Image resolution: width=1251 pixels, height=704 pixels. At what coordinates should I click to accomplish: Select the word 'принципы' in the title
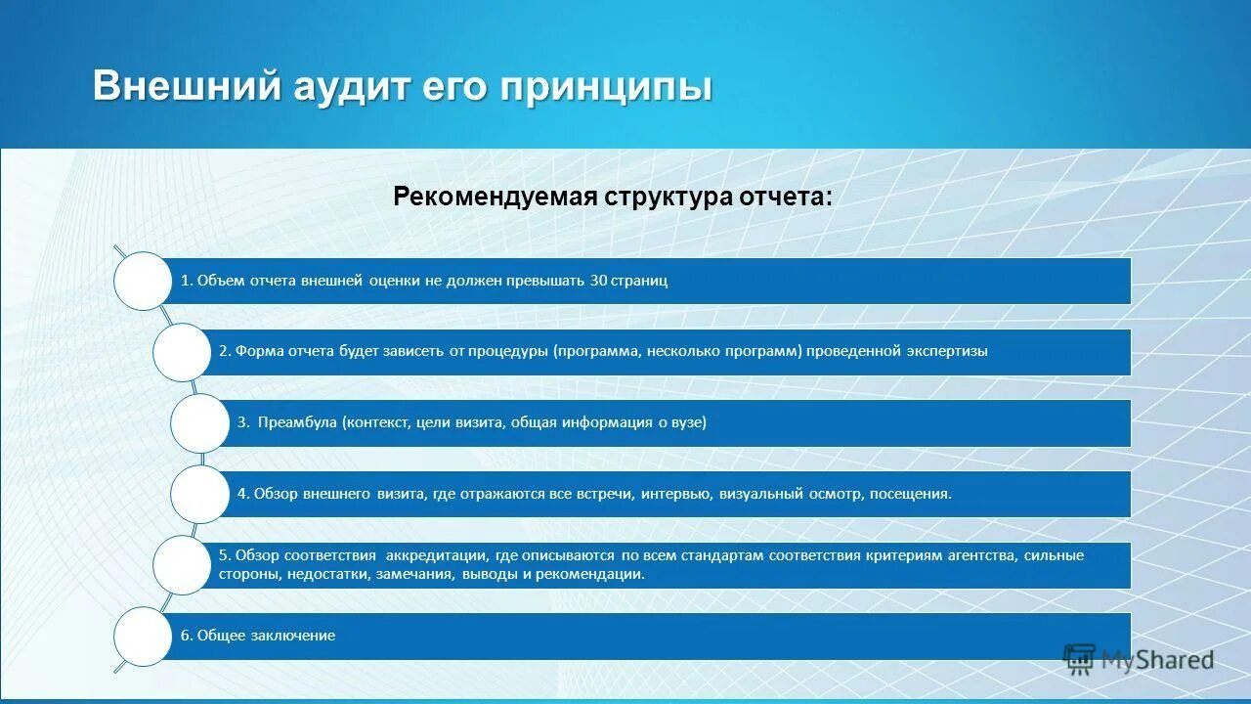(x=607, y=88)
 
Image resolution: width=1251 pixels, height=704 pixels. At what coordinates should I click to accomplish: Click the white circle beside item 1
(x=143, y=282)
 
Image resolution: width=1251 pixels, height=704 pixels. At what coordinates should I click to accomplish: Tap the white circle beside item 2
(x=182, y=352)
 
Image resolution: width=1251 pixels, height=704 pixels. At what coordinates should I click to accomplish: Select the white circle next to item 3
(x=199, y=423)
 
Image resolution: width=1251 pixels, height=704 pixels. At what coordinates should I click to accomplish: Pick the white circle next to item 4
(x=199, y=494)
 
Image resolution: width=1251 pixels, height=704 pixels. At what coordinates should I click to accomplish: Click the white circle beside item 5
(x=182, y=564)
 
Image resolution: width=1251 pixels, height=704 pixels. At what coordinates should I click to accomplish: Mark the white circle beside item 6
(x=143, y=636)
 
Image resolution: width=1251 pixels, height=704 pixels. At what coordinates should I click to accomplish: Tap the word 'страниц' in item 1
(x=641, y=281)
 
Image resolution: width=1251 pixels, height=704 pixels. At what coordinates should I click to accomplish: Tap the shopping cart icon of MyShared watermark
(x=1079, y=659)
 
